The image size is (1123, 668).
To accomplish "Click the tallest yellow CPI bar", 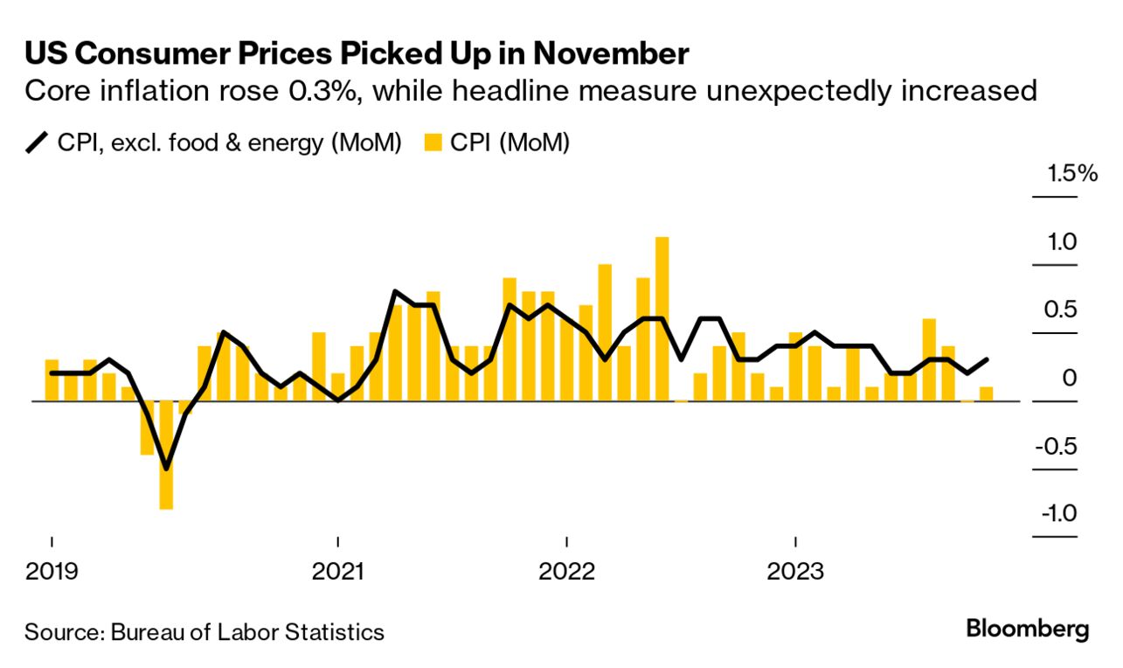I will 662,318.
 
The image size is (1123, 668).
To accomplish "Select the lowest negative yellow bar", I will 166,455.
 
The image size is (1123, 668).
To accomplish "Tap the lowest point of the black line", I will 166,468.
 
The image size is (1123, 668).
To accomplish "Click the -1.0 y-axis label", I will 1057,513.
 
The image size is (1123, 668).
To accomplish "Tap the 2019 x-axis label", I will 52,572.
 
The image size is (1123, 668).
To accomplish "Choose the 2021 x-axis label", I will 337,572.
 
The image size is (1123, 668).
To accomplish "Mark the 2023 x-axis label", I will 794,572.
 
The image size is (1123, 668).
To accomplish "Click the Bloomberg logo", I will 1028,629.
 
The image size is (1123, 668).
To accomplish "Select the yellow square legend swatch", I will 432,143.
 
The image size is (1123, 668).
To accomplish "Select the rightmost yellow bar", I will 986,393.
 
